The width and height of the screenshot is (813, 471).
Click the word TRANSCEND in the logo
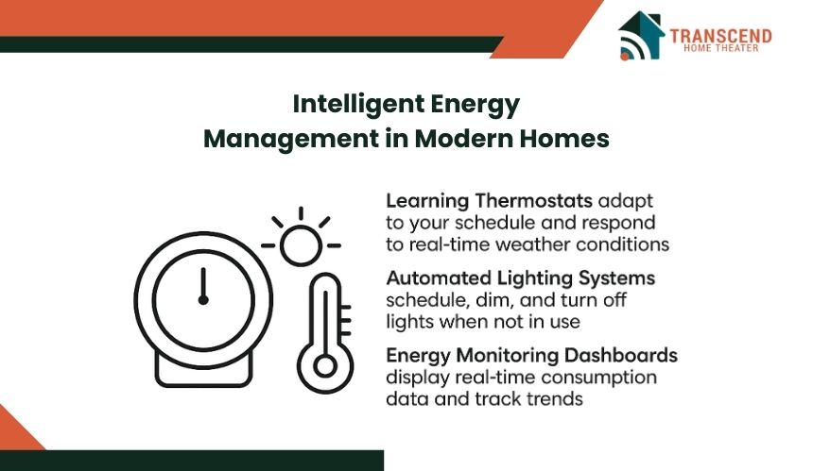click(x=720, y=36)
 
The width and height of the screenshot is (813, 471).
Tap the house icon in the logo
click(x=642, y=35)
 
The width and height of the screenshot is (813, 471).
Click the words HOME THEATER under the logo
click(x=720, y=48)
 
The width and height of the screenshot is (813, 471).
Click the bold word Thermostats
click(x=533, y=200)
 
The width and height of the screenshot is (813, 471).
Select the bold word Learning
click(x=427, y=201)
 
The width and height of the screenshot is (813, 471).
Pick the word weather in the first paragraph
click(x=533, y=244)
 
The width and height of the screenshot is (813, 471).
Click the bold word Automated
click(x=439, y=278)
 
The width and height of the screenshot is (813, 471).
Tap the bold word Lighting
click(x=534, y=279)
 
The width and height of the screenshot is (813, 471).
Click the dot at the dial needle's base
click(x=203, y=300)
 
